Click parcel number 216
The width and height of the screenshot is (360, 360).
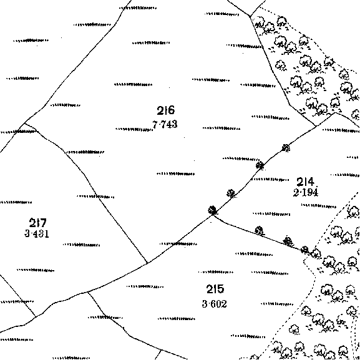166,110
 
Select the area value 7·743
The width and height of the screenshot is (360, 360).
165,125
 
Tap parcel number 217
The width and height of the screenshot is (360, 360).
37,223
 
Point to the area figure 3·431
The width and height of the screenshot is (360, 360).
37,234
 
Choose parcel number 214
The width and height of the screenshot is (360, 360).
305,182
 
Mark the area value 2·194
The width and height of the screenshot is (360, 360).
306,192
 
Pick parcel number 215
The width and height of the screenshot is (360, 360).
215,289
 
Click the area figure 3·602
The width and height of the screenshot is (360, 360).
215,304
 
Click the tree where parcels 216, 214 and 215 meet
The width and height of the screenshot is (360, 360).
213,210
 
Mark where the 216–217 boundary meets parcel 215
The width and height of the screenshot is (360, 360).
147,263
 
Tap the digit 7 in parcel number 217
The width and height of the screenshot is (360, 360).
42,223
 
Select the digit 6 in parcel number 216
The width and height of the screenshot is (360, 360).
171,110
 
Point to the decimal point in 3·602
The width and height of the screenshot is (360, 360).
208,304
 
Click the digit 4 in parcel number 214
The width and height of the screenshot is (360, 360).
310,182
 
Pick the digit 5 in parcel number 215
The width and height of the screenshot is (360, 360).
220,289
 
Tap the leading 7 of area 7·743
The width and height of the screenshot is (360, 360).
155,125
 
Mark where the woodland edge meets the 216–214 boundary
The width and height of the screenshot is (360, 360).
316,126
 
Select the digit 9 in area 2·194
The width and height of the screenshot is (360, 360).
309,192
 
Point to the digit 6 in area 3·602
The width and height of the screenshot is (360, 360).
213,304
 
